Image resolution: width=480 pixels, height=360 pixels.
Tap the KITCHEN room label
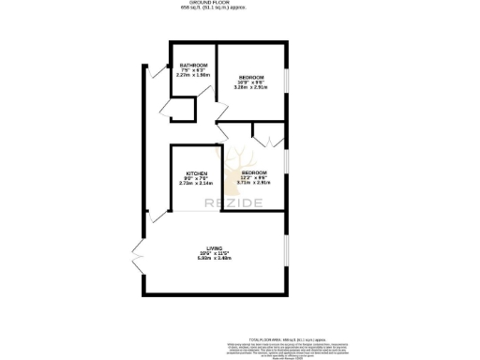196,173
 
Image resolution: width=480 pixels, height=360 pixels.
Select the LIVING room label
215,247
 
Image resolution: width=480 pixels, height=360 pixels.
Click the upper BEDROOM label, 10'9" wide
250,76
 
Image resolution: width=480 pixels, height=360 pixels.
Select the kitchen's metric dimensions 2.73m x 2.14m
196,184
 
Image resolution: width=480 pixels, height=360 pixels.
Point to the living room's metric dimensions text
215,258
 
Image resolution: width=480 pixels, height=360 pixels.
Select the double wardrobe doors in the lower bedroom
263,137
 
